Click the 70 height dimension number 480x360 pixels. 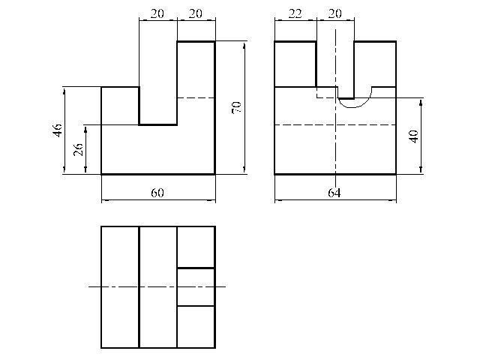[x=237, y=107]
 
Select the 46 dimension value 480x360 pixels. [x=58, y=130]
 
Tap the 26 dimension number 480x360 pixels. [x=79, y=149]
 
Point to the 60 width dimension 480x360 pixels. [x=157, y=193]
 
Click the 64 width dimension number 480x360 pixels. [x=334, y=193]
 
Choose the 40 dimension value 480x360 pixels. [x=414, y=136]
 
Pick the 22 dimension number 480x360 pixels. [x=295, y=13]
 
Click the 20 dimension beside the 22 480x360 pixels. [x=334, y=13]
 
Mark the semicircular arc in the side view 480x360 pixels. [x=355, y=107]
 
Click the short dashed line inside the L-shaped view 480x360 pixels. [x=196, y=98]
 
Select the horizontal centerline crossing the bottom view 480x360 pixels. [x=157, y=286]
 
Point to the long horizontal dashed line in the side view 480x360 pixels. [x=335, y=125]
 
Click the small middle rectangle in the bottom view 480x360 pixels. [x=196, y=287]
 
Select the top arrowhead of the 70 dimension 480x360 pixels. [x=244, y=46]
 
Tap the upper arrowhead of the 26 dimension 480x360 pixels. [x=85, y=129]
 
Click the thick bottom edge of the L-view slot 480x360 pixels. [x=158, y=125]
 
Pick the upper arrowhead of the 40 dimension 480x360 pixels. [x=421, y=102]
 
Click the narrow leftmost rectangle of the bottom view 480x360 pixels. [x=120, y=287]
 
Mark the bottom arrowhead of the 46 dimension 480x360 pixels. [x=64, y=170]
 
